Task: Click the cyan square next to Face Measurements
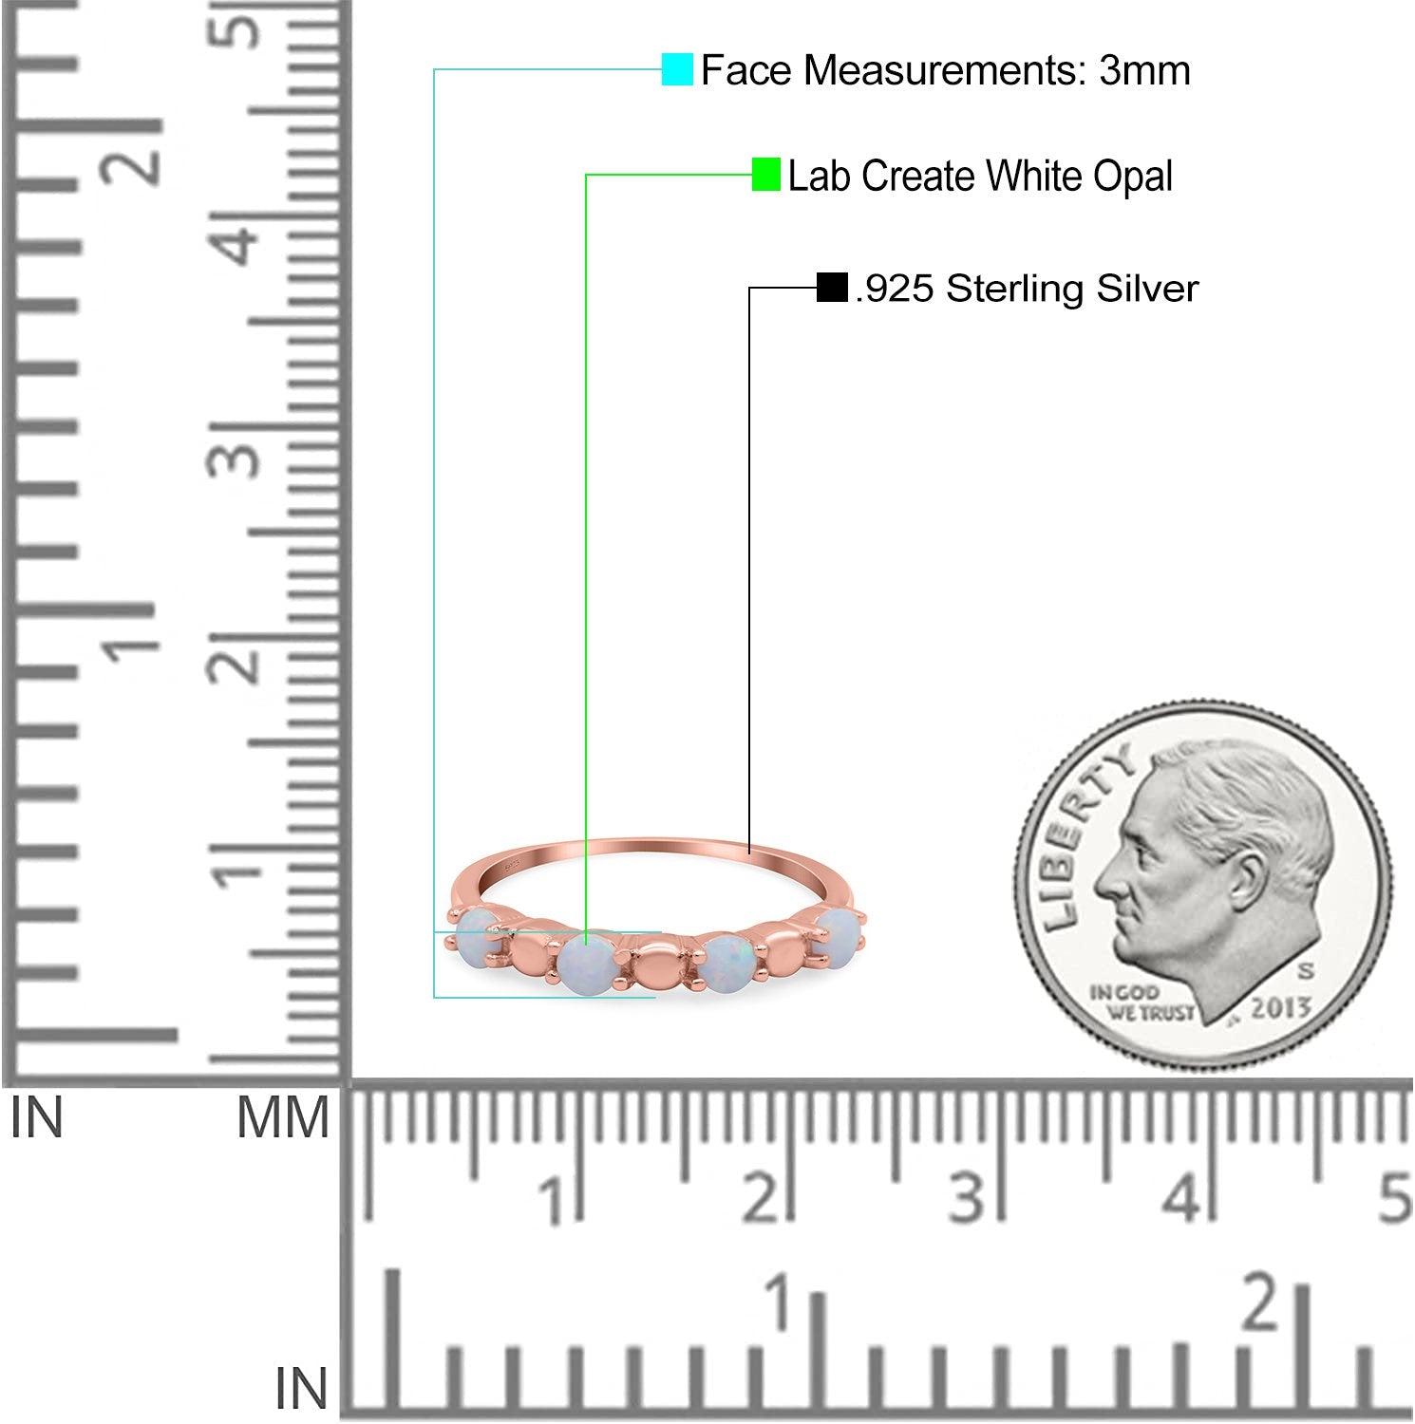[677, 69]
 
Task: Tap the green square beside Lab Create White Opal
[765, 175]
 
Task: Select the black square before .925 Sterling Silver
[832, 288]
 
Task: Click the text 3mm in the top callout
[1144, 70]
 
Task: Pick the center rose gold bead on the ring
[653, 969]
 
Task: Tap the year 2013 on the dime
[1280, 1007]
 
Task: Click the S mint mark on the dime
[1306, 970]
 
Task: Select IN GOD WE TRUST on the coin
[1140, 1002]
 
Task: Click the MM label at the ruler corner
[283, 1117]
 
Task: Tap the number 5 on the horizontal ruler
[1394, 1198]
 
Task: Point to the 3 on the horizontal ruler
[967, 1198]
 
